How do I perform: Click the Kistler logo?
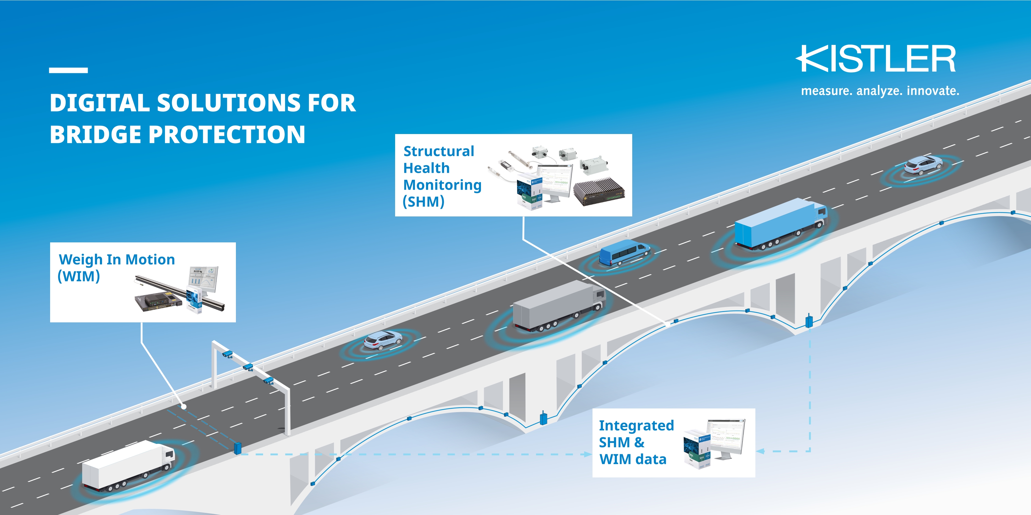click(x=876, y=59)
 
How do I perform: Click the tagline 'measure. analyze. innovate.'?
click(x=880, y=91)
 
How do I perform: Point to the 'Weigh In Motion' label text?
click(x=116, y=259)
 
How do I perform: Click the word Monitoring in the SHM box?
click(x=442, y=185)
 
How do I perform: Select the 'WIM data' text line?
click(x=632, y=459)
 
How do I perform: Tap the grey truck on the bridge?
click(x=558, y=306)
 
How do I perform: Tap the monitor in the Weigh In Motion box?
click(x=203, y=279)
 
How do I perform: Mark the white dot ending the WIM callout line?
click(x=184, y=407)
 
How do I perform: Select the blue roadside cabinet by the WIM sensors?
click(x=237, y=448)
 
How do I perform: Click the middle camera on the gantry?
click(x=248, y=367)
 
